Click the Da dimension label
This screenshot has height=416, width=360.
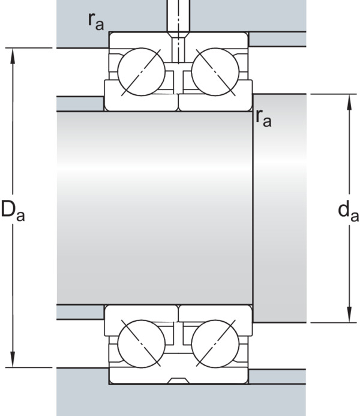(13, 211)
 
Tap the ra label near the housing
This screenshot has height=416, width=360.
(96, 21)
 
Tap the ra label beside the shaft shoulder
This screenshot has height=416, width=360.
(263, 118)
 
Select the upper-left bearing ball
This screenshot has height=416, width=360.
(141, 71)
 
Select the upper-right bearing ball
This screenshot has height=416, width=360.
(215, 71)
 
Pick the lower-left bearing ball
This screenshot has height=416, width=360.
(141, 344)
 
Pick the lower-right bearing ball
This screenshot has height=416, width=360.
(215, 344)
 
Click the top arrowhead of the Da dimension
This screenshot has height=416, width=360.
(13, 56)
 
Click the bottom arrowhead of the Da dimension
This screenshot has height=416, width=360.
(13, 360)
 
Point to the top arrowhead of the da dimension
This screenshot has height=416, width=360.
(349, 102)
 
